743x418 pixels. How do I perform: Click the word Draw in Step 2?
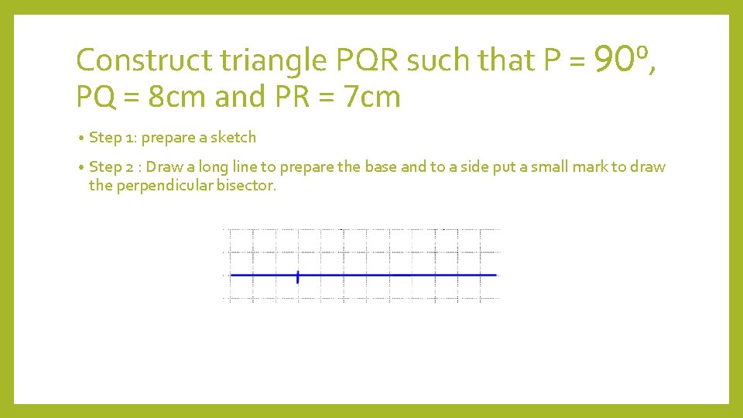(x=163, y=167)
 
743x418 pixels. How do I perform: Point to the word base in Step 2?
(x=378, y=167)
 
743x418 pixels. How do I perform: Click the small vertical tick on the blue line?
(x=298, y=276)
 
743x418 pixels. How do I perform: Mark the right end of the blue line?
(x=495, y=275)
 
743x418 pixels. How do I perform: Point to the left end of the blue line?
(x=231, y=275)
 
